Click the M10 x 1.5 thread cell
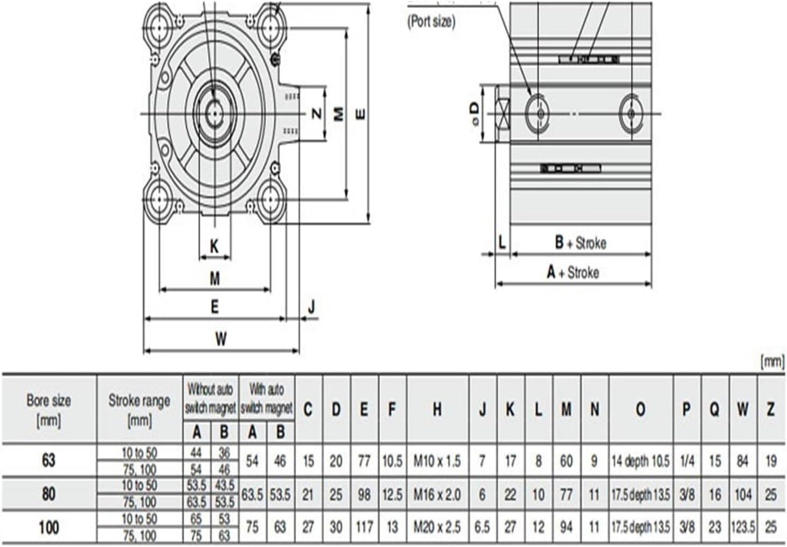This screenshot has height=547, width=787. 437,461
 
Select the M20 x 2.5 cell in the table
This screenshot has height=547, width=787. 437,527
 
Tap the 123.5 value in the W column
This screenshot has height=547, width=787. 742,527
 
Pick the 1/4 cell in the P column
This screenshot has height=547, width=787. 687,461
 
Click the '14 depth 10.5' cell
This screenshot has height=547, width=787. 640,461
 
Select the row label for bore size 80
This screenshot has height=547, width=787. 48,494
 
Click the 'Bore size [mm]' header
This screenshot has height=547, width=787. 48,410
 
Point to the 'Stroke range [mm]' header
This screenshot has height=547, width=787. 139,410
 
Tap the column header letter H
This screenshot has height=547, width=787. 437,410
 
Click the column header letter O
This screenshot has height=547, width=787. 640,410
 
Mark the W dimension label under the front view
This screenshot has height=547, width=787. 221,339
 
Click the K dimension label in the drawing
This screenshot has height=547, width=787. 214,247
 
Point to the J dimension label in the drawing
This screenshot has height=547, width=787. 311,307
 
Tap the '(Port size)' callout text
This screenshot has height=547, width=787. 431,22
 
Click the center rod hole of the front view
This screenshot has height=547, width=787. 215,113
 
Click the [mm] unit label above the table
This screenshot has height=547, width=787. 772,362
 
